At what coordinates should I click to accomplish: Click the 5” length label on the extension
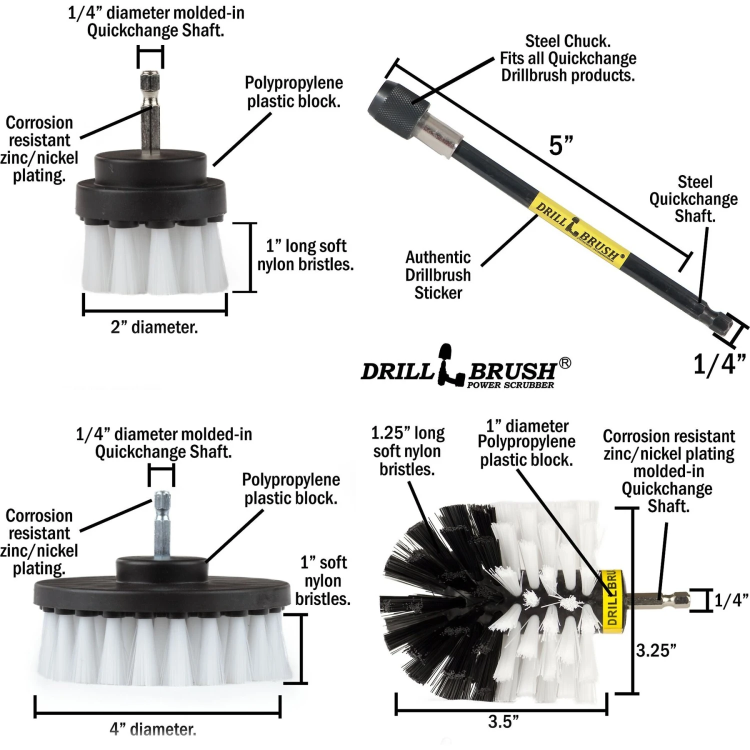tap(560, 145)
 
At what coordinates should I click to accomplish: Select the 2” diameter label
tap(154, 327)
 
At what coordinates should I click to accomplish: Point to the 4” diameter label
tap(153, 729)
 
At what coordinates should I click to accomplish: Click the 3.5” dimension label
tap(503, 721)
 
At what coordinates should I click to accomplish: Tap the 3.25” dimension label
tap(656, 650)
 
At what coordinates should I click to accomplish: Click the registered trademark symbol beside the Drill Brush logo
tap(564, 363)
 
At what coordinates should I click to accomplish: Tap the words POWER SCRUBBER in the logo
tap(510, 385)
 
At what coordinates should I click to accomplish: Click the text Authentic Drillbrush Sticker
tap(438, 275)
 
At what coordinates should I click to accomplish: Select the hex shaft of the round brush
tap(660, 599)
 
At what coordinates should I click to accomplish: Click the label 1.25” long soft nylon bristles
tap(407, 451)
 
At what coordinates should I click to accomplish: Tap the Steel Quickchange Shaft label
tap(693, 199)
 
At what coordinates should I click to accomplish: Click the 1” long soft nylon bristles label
tap(305, 255)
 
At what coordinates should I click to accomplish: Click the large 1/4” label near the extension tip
tap(719, 364)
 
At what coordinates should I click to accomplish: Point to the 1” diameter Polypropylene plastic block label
tap(526, 443)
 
